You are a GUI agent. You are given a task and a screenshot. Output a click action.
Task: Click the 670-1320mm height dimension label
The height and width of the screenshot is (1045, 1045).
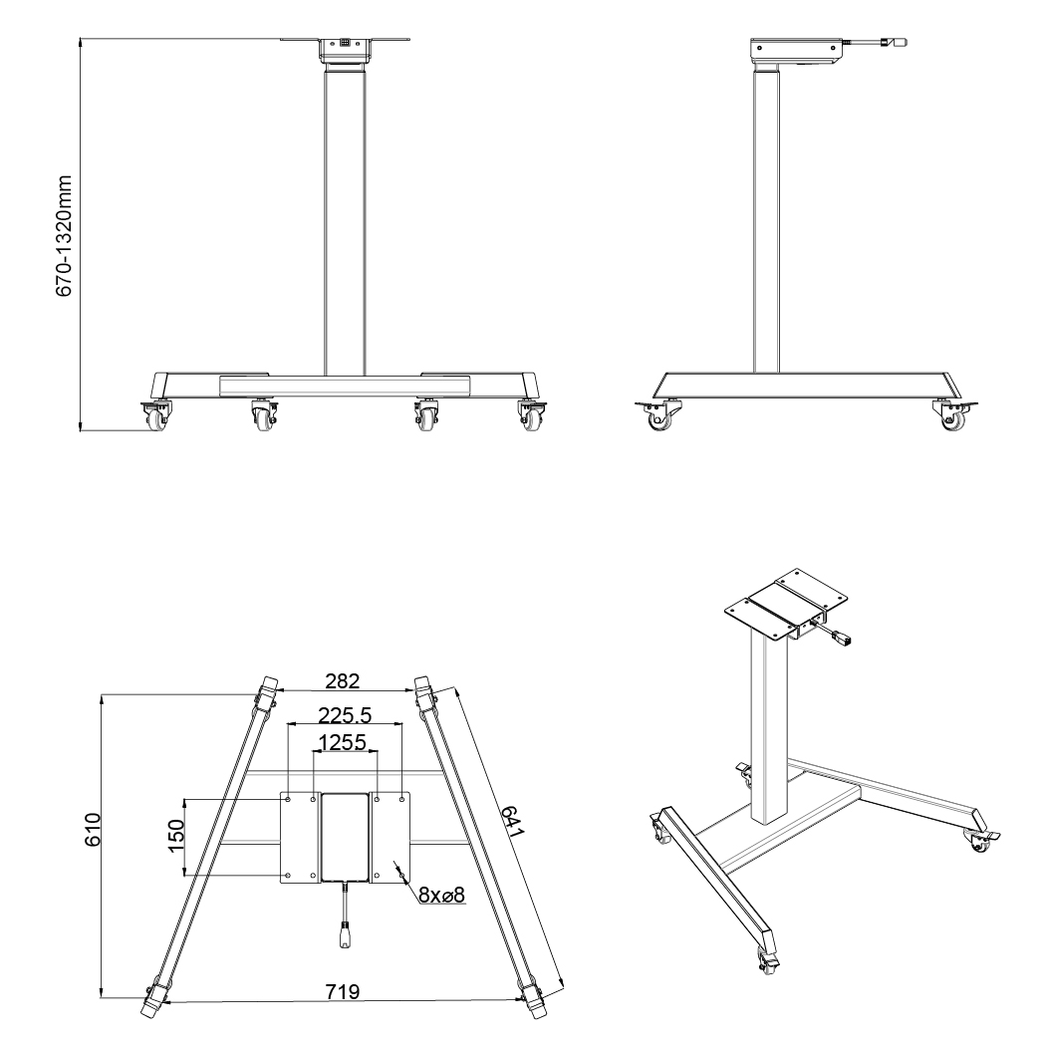(x=64, y=236)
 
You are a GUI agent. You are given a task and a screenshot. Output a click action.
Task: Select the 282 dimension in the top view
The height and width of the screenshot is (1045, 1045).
(x=342, y=680)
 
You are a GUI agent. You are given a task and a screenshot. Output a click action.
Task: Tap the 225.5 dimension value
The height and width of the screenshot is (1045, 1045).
(x=344, y=715)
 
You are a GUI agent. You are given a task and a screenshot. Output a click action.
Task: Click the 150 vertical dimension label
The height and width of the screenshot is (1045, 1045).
(x=175, y=836)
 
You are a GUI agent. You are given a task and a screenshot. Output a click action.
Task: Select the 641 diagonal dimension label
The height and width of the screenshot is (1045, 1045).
(x=513, y=822)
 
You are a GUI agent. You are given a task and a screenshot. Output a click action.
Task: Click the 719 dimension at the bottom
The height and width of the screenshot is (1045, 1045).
(x=342, y=991)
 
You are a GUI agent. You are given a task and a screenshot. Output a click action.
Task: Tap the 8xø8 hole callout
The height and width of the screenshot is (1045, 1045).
(x=441, y=895)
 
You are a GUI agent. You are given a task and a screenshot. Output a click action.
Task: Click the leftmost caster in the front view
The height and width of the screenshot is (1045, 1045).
(x=154, y=415)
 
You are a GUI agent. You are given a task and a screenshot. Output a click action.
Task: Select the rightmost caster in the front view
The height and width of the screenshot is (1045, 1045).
(x=532, y=415)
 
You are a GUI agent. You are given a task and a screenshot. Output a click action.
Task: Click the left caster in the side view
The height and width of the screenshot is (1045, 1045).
(x=659, y=413)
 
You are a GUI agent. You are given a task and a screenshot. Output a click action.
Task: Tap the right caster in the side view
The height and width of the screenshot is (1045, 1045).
(x=954, y=413)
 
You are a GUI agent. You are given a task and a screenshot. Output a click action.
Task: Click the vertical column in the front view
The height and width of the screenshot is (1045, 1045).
(x=346, y=221)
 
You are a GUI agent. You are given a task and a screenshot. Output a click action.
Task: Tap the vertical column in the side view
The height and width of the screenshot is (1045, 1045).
(x=766, y=220)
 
